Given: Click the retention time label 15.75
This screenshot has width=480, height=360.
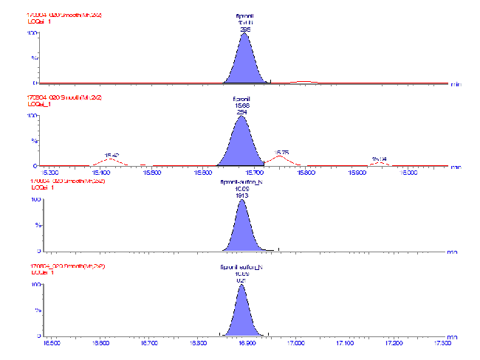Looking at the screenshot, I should tap(281, 152).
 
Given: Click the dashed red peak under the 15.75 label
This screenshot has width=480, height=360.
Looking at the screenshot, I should tap(281, 160).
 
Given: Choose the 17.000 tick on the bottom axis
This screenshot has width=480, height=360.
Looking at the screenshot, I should tap(296, 342).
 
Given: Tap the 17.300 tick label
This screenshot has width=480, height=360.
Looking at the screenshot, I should tap(444, 342).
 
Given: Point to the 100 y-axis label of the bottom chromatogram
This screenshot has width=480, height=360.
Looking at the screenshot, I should tap(33, 285).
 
